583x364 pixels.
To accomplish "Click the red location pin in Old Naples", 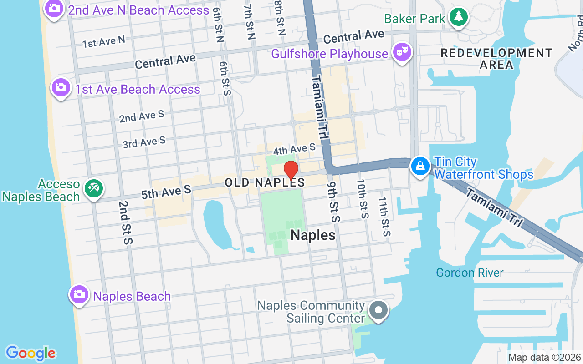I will pos(291,171).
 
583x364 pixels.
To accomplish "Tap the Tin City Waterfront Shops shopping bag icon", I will pos(420,166).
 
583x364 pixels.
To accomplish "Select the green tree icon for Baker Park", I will pos(458,17).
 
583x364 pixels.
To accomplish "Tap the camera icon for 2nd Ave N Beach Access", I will pos(55,9).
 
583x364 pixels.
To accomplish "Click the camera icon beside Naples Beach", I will pos(79,294).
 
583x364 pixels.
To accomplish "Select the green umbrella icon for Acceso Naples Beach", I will pos(94,188).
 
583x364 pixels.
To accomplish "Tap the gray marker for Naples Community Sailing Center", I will pos(378,311).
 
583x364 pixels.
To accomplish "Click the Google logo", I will pos(31,353).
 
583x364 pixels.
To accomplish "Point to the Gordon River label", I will pos(470,273).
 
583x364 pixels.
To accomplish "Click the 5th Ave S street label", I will pos(166,192).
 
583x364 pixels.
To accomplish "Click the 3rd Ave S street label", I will pos(144,143).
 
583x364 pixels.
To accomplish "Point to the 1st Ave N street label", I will pos(103,42).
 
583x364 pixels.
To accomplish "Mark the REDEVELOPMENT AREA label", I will pos(496,59).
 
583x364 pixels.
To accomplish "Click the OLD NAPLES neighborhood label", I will pos(265,182).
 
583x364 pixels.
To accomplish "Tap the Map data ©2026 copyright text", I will pos(544,358).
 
